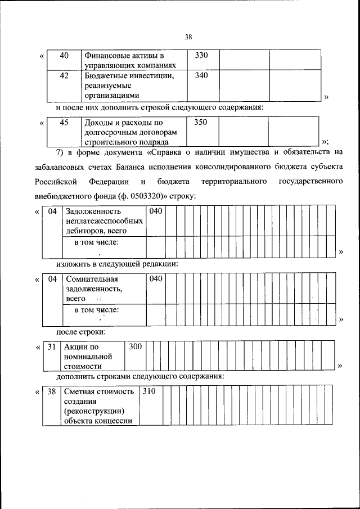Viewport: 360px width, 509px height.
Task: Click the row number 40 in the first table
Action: click(x=64, y=56)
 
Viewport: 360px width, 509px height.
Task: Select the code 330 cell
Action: click(x=201, y=56)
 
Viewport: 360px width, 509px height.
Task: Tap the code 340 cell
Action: click(x=201, y=75)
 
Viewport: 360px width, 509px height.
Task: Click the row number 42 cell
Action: click(x=64, y=75)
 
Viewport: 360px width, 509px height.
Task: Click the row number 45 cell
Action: click(x=64, y=122)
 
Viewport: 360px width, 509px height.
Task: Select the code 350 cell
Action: click(x=201, y=122)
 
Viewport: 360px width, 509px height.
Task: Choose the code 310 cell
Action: click(x=148, y=391)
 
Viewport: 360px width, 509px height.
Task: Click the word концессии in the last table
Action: click(x=111, y=421)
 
